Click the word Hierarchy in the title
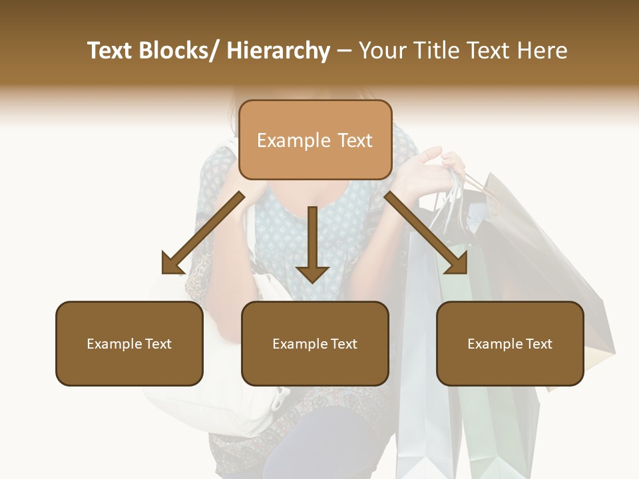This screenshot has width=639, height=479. (278, 51)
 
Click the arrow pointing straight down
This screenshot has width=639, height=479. (312, 246)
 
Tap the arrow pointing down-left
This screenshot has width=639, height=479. (203, 233)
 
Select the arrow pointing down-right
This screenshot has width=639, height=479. (426, 233)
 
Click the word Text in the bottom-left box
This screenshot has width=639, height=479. (158, 344)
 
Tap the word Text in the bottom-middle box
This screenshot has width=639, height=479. (343, 344)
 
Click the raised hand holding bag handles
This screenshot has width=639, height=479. (433, 170)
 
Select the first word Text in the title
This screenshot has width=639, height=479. (110, 51)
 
